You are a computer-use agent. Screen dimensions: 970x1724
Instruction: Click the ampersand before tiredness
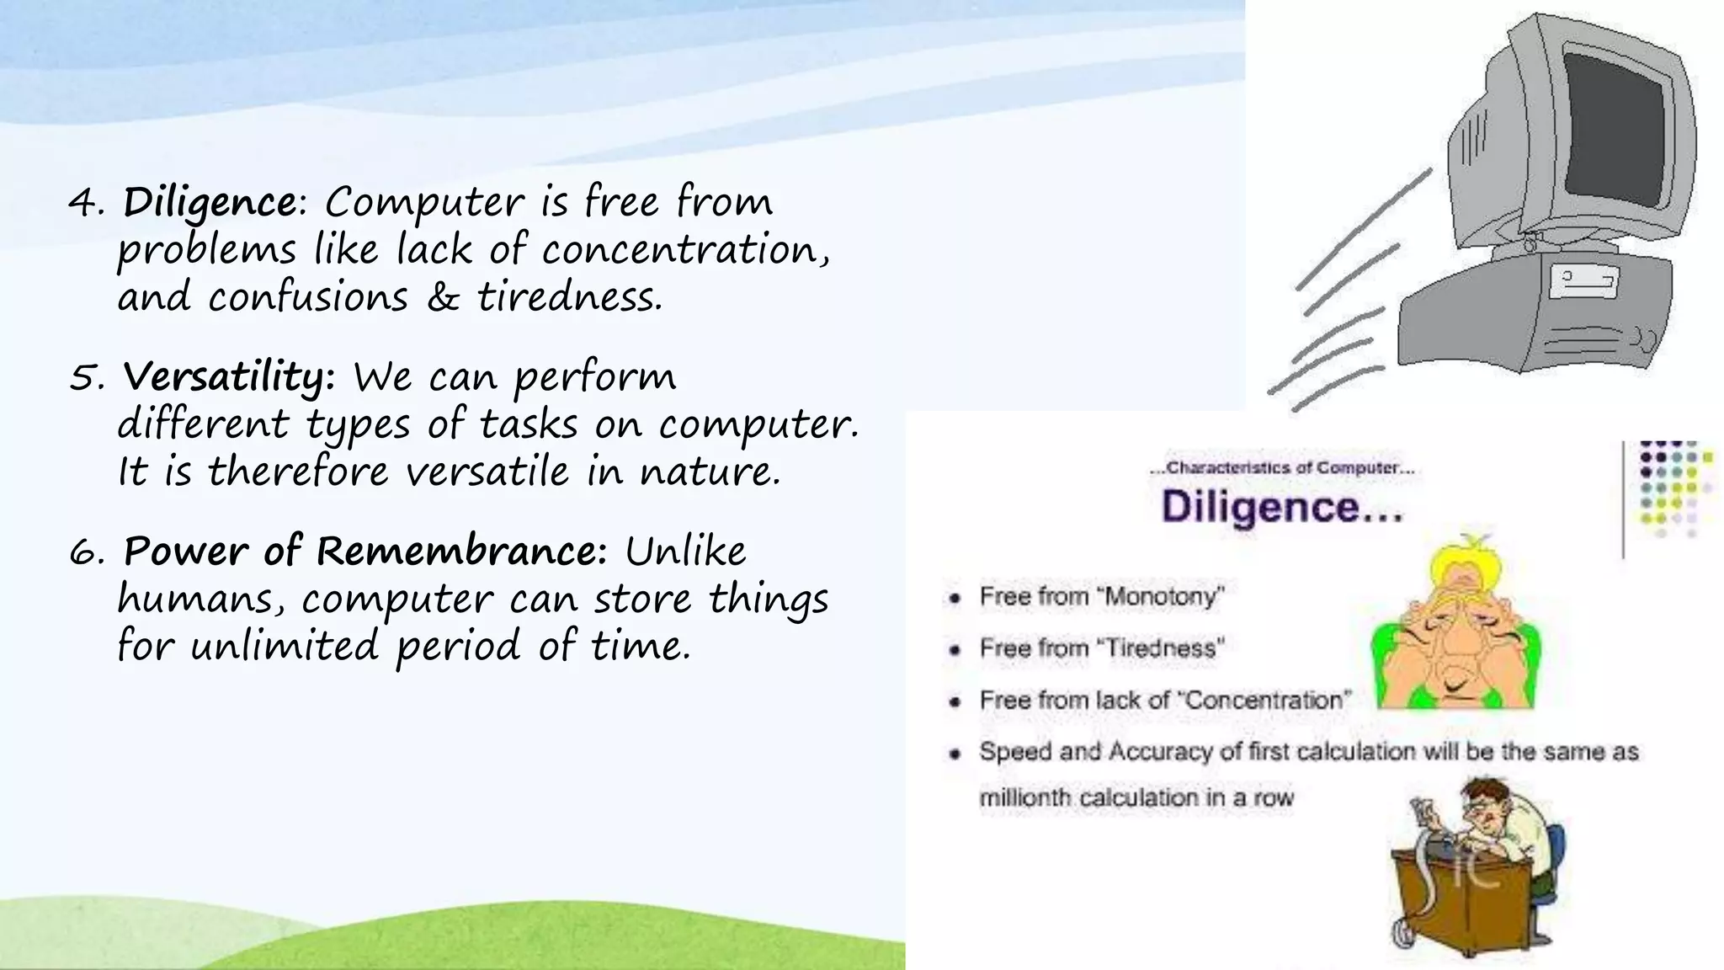pos(442,297)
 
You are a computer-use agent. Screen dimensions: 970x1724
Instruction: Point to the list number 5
pos(85,378)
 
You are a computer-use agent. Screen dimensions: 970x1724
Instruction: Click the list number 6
pos(85,553)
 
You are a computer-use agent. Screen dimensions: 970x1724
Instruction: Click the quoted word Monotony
pos(1163,597)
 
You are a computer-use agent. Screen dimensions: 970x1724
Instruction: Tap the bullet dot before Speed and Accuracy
pos(954,753)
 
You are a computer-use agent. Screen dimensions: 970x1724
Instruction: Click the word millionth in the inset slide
pos(1024,797)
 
